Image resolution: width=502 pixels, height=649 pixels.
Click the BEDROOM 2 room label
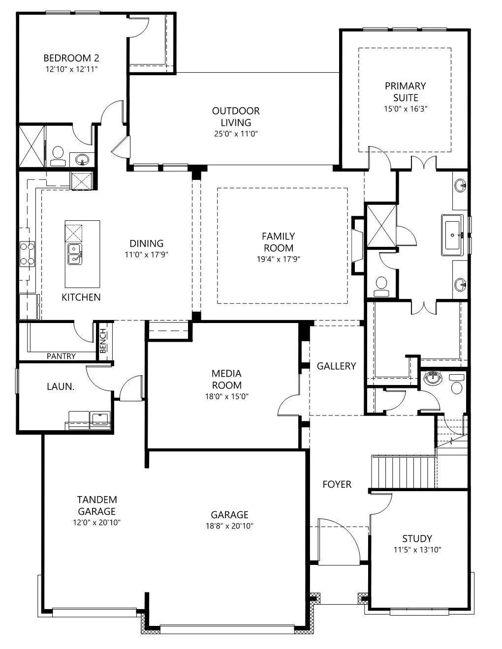click(71, 58)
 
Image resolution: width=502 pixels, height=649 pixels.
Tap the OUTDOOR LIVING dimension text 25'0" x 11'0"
click(236, 134)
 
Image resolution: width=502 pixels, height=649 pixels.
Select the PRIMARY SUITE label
click(406, 91)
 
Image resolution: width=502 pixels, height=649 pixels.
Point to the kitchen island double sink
click(74, 254)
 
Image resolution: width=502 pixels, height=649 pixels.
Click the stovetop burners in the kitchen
click(27, 254)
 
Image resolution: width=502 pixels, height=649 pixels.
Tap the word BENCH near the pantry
click(103, 341)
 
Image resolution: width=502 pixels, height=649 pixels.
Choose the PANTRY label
click(61, 356)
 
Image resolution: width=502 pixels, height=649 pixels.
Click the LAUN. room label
click(61, 387)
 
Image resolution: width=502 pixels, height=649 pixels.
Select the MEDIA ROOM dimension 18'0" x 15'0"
click(227, 396)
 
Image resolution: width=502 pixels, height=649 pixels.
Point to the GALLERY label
click(336, 366)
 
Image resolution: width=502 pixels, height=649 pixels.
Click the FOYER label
click(337, 484)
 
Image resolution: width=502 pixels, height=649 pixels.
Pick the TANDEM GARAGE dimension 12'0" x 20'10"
click(96, 522)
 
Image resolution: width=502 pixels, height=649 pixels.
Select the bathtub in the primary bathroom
click(453, 235)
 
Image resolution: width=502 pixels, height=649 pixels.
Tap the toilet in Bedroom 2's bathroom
click(58, 156)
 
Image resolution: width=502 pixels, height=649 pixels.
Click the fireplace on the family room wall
click(358, 246)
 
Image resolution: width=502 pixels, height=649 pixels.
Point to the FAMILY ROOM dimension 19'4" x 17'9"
click(279, 259)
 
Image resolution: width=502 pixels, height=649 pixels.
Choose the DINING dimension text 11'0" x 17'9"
click(147, 255)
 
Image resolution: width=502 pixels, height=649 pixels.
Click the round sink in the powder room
click(432, 378)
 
